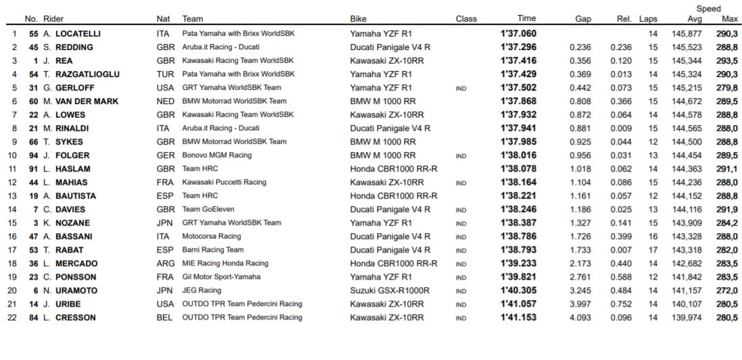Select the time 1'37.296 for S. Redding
[x=518, y=47]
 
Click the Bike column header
[x=358, y=19]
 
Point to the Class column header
[x=466, y=19]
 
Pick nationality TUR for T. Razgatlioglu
[x=164, y=74]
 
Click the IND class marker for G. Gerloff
[x=461, y=88]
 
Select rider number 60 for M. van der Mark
[x=31, y=101]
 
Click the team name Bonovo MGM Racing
[x=216, y=155]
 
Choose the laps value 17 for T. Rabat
[x=652, y=250]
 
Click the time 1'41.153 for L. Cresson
[x=518, y=317]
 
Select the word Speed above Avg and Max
[x=709, y=9]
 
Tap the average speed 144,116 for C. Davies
[x=687, y=209]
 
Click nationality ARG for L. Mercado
[x=164, y=263]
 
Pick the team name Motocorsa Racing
[x=212, y=236]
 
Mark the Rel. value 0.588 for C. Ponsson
[x=620, y=277]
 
